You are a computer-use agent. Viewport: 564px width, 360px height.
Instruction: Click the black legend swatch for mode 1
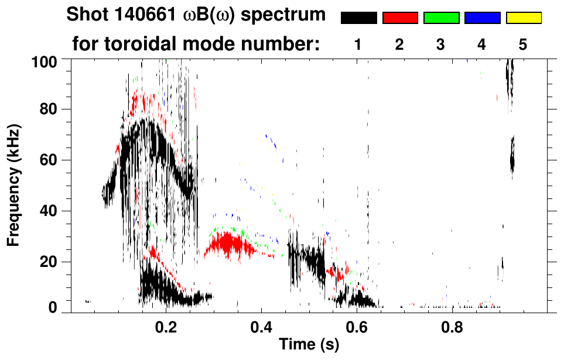(x=358, y=18)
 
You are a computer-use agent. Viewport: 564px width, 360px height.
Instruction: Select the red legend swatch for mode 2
(x=400, y=18)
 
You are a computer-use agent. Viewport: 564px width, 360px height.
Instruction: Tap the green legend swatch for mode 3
(x=441, y=18)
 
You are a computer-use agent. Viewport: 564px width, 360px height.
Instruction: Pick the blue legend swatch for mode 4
(x=482, y=18)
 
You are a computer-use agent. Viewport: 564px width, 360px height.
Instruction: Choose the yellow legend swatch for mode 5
(x=523, y=18)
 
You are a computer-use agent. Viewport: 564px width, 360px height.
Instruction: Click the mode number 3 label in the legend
(x=441, y=44)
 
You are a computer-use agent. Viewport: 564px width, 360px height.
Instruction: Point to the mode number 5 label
(x=523, y=44)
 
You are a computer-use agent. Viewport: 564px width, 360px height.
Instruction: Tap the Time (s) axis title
(x=309, y=345)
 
